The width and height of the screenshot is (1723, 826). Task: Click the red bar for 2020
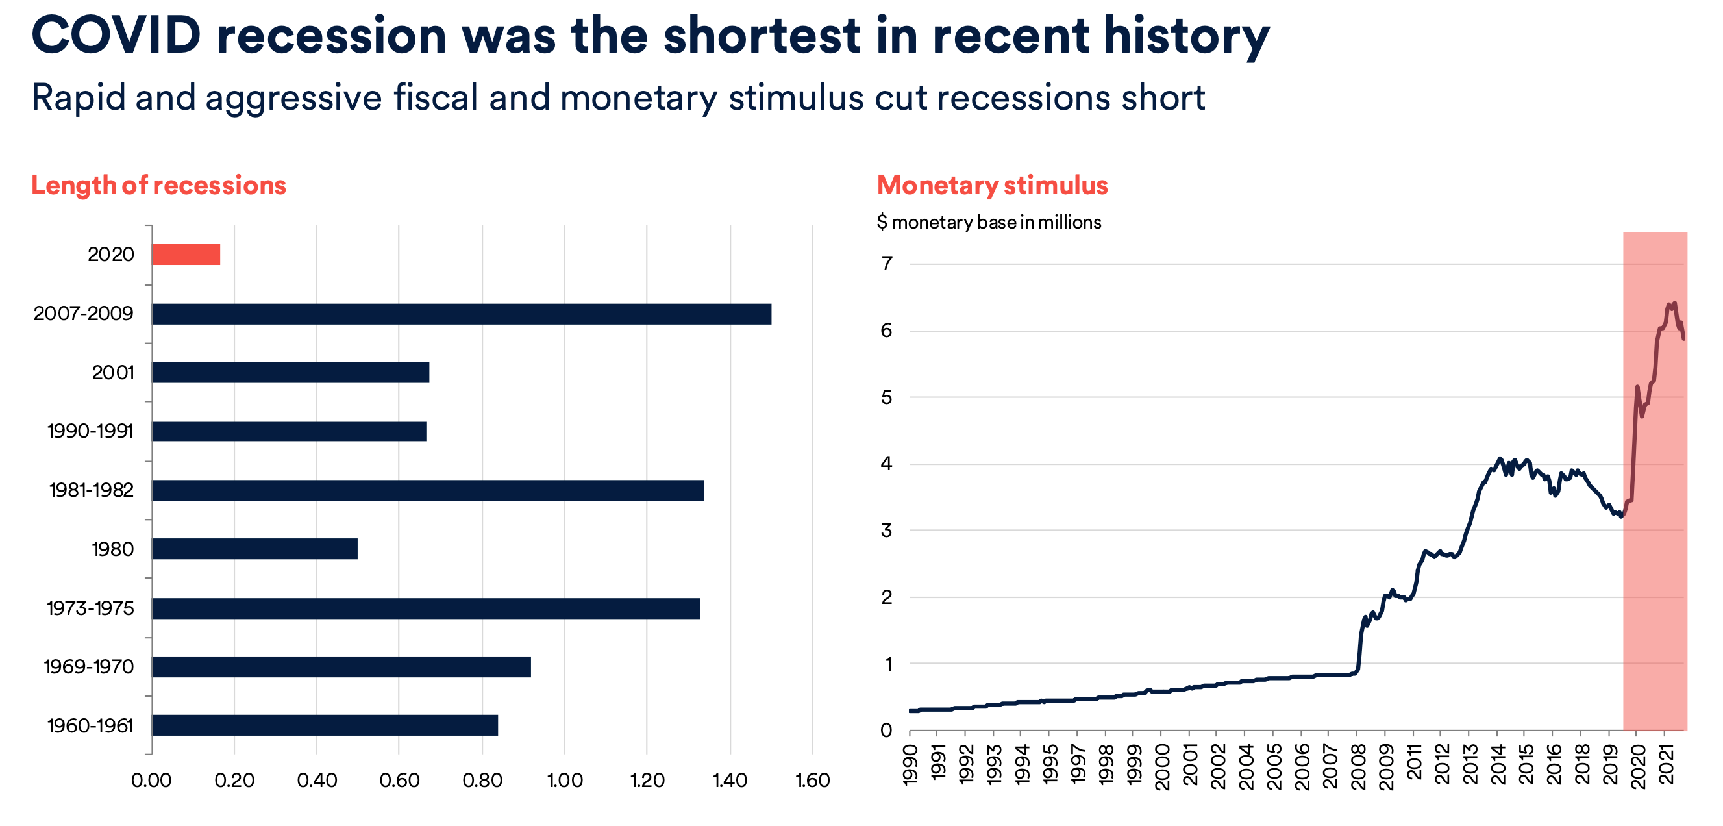[x=186, y=255]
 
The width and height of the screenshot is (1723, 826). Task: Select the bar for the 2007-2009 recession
[x=462, y=314]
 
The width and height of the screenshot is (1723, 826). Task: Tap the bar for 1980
[x=255, y=549]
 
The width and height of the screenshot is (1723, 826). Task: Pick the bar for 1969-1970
[x=341, y=667]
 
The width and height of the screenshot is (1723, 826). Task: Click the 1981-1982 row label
[x=92, y=490]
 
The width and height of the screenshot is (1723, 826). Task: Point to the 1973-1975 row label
[x=90, y=608]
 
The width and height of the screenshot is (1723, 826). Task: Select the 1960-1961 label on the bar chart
[x=90, y=726]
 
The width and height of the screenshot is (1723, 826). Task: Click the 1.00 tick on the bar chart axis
[x=565, y=781]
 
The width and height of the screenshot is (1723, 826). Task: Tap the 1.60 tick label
[x=813, y=781]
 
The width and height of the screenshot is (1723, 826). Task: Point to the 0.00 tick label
[x=151, y=781]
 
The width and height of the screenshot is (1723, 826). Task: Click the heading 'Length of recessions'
[x=158, y=185]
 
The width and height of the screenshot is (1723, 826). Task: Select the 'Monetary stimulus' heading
[x=992, y=185]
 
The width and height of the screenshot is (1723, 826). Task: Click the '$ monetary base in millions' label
[x=989, y=222]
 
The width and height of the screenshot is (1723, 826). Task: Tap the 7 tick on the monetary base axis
[x=887, y=264]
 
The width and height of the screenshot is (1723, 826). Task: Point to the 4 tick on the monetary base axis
[x=887, y=464]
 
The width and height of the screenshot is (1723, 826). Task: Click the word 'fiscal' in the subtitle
[x=435, y=97]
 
